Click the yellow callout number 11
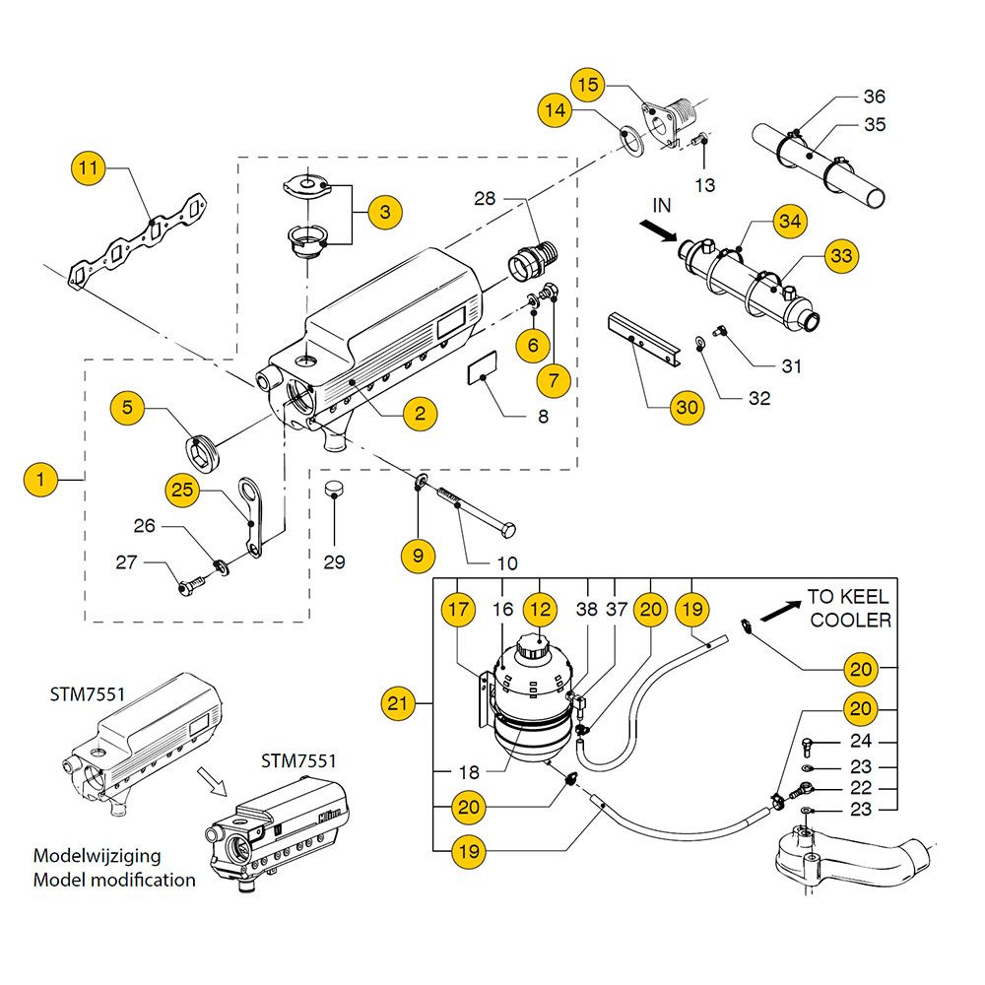click(90, 169)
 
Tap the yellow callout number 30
click(689, 406)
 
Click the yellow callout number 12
click(539, 610)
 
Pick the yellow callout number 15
click(588, 86)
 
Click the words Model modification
click(114, 880)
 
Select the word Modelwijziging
click(97, 855)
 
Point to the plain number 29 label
click(335, 562)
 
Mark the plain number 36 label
click(874, 97)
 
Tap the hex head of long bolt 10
click(509, 532)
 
